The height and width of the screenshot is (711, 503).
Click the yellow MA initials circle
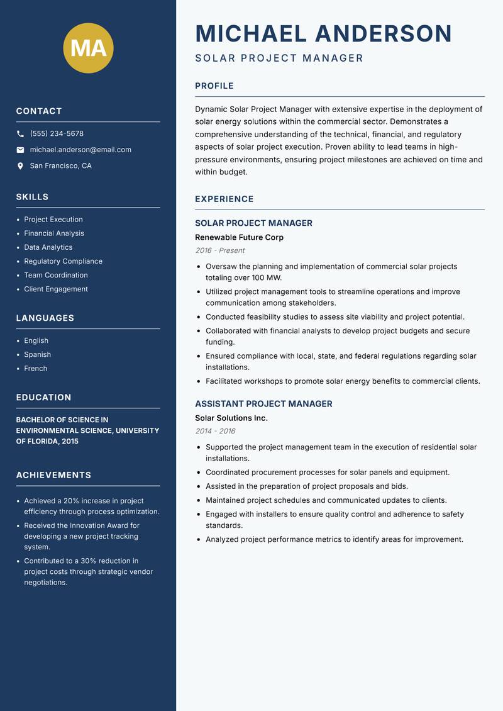88,48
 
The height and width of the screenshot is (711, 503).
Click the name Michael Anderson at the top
323,33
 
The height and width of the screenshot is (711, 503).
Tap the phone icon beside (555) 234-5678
21,134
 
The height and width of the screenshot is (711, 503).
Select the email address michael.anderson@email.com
80,150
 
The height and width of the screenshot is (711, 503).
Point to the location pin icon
21,166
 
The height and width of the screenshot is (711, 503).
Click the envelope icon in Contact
21,150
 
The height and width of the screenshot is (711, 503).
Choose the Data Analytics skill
48,247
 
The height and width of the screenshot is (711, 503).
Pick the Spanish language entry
38,354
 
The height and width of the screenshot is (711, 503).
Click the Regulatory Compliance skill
63,261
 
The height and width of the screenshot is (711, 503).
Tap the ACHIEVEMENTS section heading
53,475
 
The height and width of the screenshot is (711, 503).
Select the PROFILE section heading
214,86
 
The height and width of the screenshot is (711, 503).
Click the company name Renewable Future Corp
239,237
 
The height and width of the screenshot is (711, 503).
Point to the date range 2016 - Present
219,250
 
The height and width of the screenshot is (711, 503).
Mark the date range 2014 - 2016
215,431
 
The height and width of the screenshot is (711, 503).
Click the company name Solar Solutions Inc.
231,418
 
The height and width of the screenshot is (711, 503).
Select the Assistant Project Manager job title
263,404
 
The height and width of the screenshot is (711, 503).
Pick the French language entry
36,368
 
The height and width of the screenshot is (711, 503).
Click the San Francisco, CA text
60,166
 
